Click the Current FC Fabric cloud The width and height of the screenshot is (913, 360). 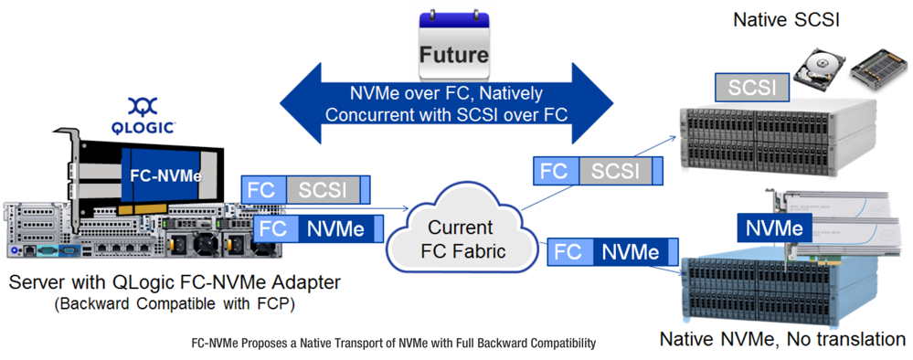coord(462,239)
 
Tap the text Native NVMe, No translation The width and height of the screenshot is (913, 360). coord(782,340)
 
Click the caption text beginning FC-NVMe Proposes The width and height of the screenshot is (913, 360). coord(393,344)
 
